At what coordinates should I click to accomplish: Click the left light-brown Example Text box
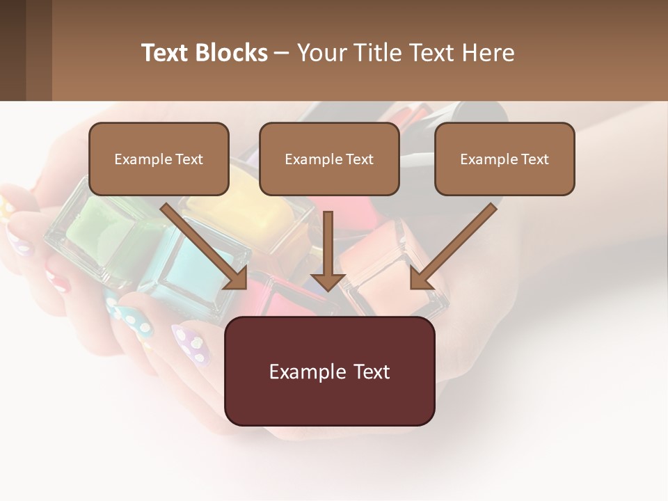[159, 159]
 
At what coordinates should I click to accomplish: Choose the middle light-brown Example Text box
[329, 159]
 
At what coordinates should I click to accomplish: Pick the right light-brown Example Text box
[504, 159]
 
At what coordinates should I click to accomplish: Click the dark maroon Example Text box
[329, 371]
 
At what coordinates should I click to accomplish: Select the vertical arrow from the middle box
[328, 250]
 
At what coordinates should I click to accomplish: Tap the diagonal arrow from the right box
[452, 247]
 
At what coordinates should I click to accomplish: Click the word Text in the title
[166, 53]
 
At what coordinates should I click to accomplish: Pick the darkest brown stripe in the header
[13, 50]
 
